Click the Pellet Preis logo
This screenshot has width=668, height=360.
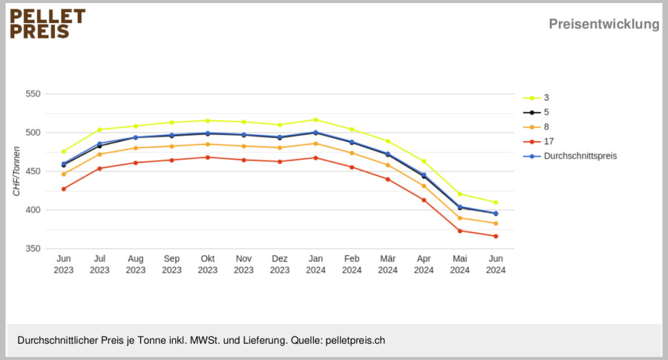click(x=48, y=24)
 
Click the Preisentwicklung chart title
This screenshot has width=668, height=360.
click(x=603, y=24)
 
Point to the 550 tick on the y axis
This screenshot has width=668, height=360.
click(x=33, y=94)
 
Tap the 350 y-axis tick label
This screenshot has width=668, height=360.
click(x=33, y=249)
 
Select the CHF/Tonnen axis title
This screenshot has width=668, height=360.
click(x=16, y=171)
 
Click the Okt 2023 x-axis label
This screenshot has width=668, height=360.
click(x=208, y=264)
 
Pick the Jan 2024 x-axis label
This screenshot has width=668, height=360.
click(x=315, y=264)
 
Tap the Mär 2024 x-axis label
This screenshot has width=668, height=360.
click(x=387, y=264)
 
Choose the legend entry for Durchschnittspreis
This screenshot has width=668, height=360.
click(x=570, y=156)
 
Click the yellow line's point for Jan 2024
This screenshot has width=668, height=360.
click(x=315, y=120)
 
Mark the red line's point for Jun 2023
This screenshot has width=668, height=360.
click(x=64, y=189)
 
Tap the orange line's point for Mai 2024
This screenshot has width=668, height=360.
click(x=459, y=218)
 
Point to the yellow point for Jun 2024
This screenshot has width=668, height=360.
click(x=496, y=203)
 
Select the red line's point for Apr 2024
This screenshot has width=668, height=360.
click(x=424, y=200)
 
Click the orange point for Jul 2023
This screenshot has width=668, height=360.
click(x=99, y=154)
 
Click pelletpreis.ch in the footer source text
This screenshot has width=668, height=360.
click(x=356, y=341)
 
